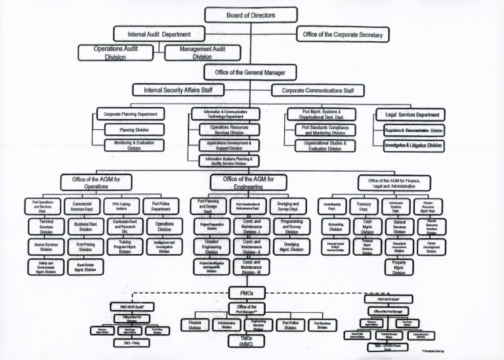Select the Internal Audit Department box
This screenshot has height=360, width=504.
[x=154, y=33]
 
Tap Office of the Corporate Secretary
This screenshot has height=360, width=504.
[x=348, y=34]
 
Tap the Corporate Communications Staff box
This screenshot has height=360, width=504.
[x=318, y=89]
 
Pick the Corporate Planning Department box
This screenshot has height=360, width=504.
[x=130, y=114]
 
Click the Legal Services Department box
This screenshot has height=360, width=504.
[x=413, y=115]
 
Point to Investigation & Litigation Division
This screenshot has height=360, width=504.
[x=413, y=145]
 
